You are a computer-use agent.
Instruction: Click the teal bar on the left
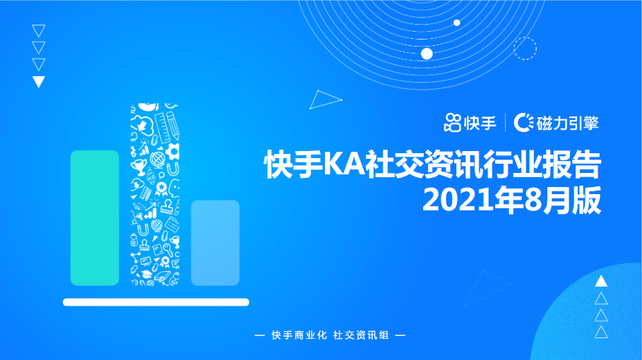tap(95, 217)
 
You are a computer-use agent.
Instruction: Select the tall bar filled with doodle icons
tap(155, 194)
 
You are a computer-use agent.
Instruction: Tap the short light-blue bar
tap(215, 242)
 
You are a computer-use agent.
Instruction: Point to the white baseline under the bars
tap(156, 302)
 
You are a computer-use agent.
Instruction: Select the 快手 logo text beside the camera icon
tap(480, 122)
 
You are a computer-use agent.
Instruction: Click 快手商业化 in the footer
tap(299, 335)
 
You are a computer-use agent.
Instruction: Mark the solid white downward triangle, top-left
tap(39, 81)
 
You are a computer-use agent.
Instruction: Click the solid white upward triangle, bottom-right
tap(601, 281)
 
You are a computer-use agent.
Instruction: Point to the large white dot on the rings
tap(427, 54)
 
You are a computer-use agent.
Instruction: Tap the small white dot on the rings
tap(457, 23)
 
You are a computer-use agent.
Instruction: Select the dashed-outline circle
tap(525, 49)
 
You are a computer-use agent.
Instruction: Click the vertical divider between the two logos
tap(505, 122)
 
